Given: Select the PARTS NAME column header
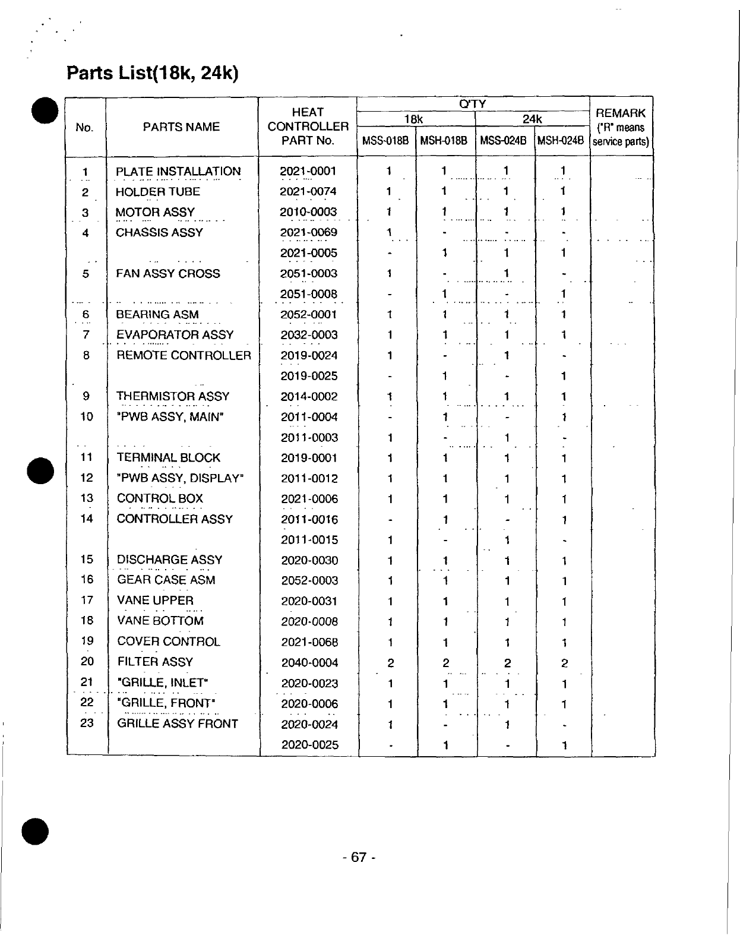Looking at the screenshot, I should tap(181, 127).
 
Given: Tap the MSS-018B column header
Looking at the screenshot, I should tap(386, 141).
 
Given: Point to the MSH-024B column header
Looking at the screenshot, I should tap(561, 141).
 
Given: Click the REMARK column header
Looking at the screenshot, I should tap(621, 127).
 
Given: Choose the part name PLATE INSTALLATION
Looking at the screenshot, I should tap(178, 172).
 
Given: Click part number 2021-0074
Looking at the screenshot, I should tap(308, 192).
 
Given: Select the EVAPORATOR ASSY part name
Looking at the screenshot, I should tap(175, 335).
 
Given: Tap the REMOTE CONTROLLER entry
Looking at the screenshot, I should tap(184, 356).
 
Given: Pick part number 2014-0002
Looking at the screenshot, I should tap(309, 397).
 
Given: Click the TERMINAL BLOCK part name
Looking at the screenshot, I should tap(169, 458).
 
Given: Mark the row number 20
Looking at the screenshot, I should tap(87, 662).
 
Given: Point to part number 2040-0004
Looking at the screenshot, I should tap(309, 663).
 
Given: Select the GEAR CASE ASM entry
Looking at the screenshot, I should tap(166, 580).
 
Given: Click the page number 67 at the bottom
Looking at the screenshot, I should tap(359, 857).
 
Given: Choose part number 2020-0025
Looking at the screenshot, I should tap(309, 745).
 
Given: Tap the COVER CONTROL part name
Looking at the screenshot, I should tap(169, 642).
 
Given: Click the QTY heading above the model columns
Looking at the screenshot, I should tap(473, 104).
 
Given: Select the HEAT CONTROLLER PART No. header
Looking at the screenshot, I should tap(308, 127).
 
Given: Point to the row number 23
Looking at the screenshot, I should tap(87, 723).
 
